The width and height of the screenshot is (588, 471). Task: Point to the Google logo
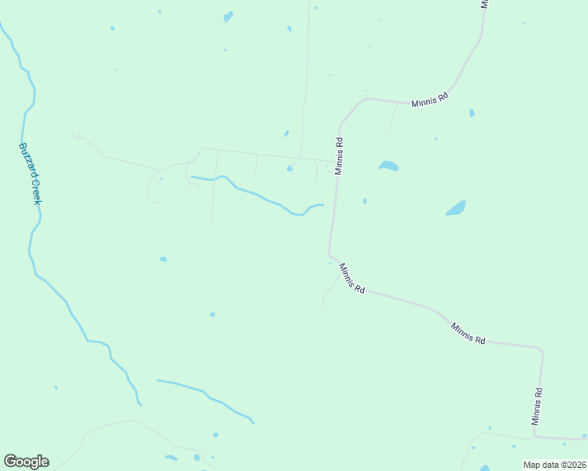pyautogui.click(x=26, y=462)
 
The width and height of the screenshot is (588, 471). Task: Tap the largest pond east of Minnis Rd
pyautogui.click(x=456, y=208)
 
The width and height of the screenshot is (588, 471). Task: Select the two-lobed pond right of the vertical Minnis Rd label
pyautogui.click(x=388, y=166)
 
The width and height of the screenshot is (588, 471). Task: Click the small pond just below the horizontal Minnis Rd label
pyautogui.click(x=472, y=113)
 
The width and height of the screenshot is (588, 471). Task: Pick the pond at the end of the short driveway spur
pyautogui.click(x=290, y=168)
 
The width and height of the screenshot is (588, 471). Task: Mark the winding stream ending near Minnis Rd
pyautogui.click(x=259, y=196)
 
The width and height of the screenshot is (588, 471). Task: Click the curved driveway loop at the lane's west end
pyautogui.click(x=151, y=184)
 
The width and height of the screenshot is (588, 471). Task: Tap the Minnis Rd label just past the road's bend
pyautogui.click(x=351, y=279)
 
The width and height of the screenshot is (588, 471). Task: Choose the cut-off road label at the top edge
pyautogui.click(x=485, y=4)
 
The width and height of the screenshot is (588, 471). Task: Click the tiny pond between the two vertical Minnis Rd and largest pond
pyautogui.click(x=365, y=201)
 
